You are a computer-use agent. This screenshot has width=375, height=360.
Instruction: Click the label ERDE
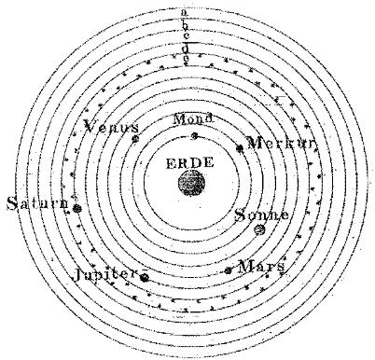(190, 163)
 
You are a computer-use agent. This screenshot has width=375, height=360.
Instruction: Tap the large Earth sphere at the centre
(192, 183)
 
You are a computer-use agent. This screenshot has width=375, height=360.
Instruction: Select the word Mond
(193, 119)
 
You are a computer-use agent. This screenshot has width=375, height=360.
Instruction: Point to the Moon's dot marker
(195, 135)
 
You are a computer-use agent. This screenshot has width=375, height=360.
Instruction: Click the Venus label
(111, 127)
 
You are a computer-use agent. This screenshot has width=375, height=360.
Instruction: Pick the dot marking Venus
(135, 139)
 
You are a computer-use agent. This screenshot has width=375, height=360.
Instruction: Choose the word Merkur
(281, 143)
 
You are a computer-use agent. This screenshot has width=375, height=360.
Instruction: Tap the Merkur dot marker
(240, 148)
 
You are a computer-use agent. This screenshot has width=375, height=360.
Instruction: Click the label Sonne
(261, 215)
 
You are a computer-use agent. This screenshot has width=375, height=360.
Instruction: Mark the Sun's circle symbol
(259, 230)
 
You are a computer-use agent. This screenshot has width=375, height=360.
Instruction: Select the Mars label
(260, 267)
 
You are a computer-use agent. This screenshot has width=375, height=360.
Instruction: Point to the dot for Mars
(229, 270)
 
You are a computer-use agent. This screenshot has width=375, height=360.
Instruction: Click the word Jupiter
(105, 274)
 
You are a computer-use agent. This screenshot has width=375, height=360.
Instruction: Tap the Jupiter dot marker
(145, 278)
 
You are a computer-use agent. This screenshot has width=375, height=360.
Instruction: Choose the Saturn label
(37, 203)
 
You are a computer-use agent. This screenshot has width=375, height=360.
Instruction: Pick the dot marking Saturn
(76, 208)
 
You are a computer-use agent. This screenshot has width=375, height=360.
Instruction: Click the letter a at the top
(185, 12)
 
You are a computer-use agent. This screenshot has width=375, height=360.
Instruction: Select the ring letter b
(186, 26)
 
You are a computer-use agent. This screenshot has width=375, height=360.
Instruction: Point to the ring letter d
(186, 48)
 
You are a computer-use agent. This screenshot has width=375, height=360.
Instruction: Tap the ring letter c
(186, 35)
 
